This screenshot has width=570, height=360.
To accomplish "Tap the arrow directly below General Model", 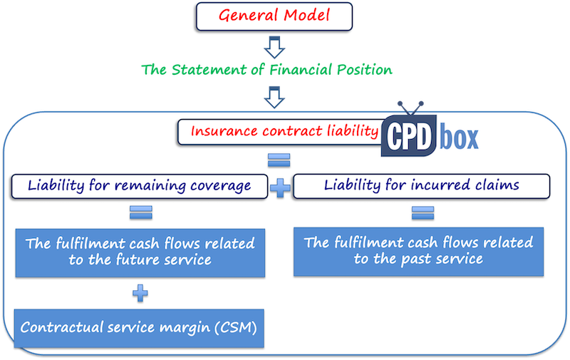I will [x=274, y=47].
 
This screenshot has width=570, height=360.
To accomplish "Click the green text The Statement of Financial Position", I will [x=267, y=71].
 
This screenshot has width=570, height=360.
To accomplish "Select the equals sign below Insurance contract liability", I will [x=278, y=159].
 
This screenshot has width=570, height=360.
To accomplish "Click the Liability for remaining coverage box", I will [x=140, y=186].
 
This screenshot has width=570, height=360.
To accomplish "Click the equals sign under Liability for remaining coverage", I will [x=139, y=212].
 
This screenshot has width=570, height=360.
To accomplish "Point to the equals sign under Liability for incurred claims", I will [x=422, y=212].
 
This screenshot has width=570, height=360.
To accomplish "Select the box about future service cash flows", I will [x=140, y=252].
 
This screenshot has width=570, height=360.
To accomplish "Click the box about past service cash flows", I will [x=418, y=251].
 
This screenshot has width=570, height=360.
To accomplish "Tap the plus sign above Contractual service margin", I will [x=140, y=292].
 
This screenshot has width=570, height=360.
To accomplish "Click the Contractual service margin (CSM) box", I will [x=140, y=328].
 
